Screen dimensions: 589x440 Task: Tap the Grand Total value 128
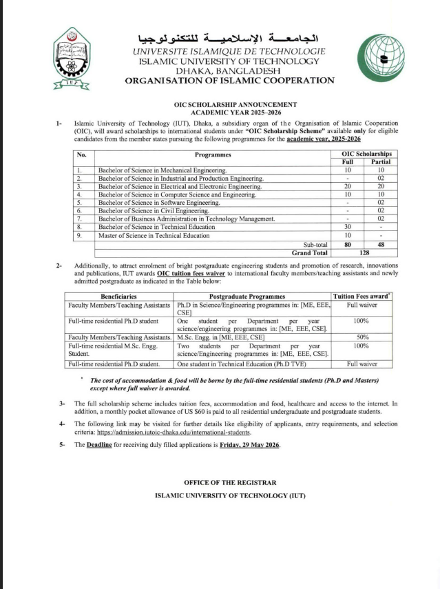[364, 252]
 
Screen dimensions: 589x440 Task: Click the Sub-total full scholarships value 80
[348, 244]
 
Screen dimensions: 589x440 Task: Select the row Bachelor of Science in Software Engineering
[159, 203]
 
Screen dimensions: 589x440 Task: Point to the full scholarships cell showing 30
[348, 227]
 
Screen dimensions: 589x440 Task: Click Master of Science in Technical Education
[154, 235]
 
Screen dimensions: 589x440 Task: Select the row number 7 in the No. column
[80, 219]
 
